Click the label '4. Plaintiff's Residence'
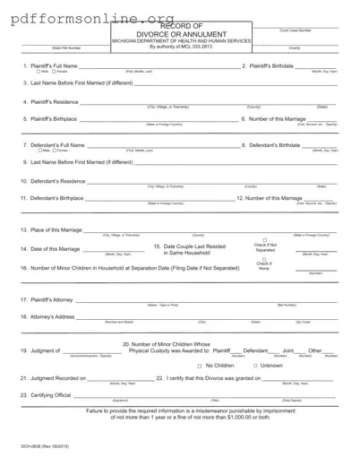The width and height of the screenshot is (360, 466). click(x=49, y=103)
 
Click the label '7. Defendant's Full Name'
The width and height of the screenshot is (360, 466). click(x=53, y=144)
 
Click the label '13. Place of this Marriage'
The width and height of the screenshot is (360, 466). click(x=52, y=231)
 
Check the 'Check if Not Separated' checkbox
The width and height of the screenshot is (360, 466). click(x=264, y=239)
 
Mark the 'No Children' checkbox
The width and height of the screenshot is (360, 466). click(x=199, y=366)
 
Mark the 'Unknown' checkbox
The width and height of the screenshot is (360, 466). click(x=255, y=366)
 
